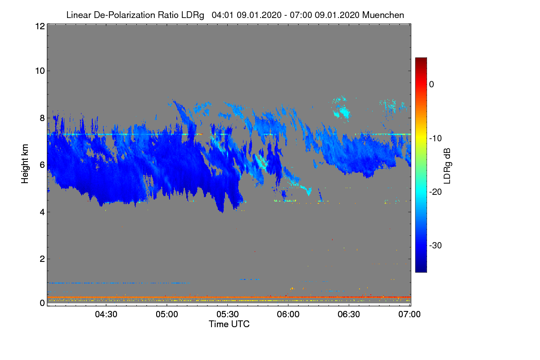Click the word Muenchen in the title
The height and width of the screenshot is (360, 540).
tap(383, 15)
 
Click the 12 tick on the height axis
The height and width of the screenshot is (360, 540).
tap(40, 27)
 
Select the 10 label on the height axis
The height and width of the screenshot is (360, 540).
tap(40, 71)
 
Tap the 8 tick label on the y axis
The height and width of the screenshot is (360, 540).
tap(42, 118)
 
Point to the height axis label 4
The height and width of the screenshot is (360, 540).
tap(42, 212)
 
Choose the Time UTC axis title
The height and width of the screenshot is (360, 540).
tap(229, 324)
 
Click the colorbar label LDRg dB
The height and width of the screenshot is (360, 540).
tap(447, 166)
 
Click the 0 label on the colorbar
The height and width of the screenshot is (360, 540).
tap(432, 84)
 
